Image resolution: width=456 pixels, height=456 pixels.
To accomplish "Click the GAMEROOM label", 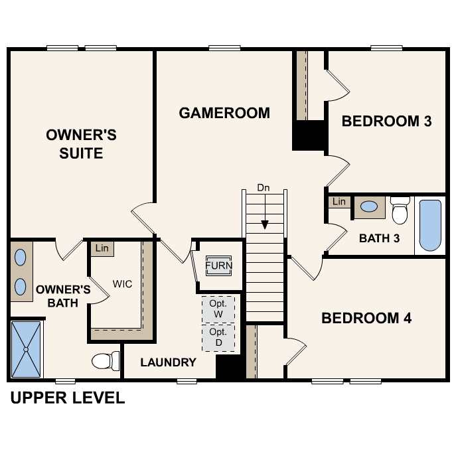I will click(224, 113).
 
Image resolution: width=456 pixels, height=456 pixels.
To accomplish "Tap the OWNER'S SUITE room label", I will click(81, 144).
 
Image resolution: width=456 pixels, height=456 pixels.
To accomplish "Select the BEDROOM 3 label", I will click(387, 121).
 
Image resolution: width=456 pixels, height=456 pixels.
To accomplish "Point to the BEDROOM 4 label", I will click(366, 319).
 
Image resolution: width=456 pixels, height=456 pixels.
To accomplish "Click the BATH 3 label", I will click(379, 238).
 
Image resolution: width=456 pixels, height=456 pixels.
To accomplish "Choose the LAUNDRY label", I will click(168, 362).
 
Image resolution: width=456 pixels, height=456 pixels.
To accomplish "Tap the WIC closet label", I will click(122, 284).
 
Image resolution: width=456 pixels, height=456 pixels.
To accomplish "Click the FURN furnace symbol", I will click(218, 266).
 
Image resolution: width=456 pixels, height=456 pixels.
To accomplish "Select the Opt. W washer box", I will click(218, 308).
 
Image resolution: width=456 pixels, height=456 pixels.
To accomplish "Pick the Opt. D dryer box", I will click(218, 337).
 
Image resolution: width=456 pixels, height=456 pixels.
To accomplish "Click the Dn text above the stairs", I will click(264, 189).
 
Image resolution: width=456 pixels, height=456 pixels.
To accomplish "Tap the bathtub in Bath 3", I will click(430, 226).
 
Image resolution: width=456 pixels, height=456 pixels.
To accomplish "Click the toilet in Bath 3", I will click(400, 210).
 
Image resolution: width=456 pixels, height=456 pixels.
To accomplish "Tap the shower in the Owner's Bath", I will click(27, 348).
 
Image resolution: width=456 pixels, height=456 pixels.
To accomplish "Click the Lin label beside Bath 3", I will click(339, 202).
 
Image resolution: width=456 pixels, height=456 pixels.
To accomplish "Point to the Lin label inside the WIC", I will click(102, 248).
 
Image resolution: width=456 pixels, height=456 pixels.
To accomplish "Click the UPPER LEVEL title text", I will click(67, 398).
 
